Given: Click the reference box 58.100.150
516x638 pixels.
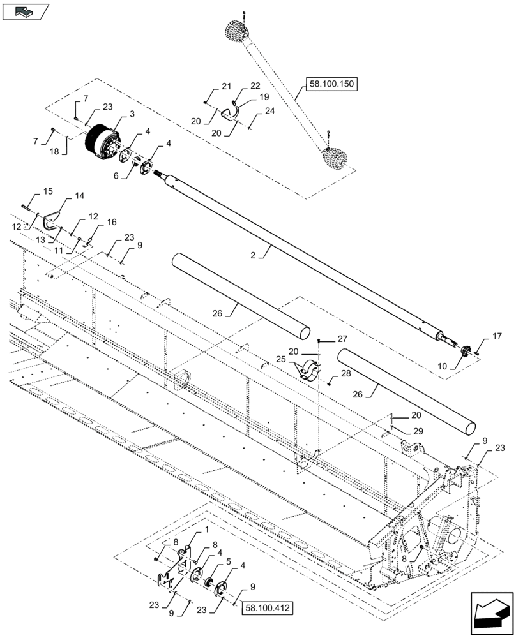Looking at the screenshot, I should (x=333, y=84).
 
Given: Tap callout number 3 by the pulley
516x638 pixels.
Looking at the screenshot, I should (x=132, y=114).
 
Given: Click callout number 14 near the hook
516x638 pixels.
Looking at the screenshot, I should (x=79, y=197).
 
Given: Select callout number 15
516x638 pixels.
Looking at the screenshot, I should (x=48, y=191).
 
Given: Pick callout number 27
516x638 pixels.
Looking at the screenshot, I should (x=342, y=339).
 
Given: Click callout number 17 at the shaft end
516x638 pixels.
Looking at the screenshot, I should (x=496, y=336).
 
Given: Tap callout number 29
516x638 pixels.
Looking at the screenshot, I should (x=416, y=433).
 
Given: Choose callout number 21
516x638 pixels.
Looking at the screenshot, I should (x=226, y=86).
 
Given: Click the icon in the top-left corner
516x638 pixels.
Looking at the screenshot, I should (x=26, y=11).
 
